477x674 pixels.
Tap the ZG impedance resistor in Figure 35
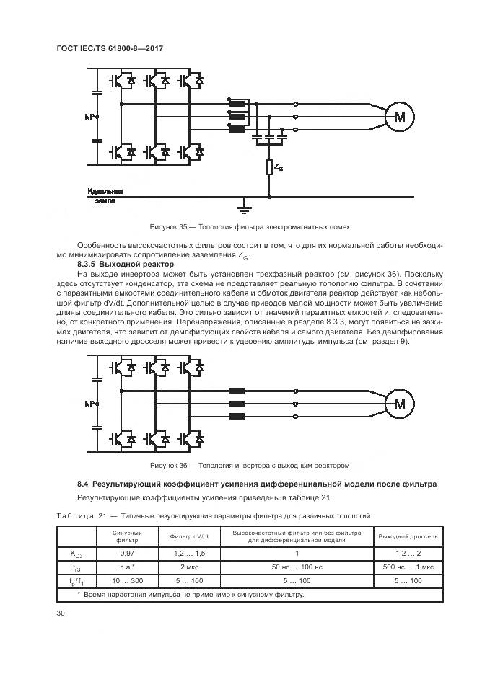[x=269, y=167]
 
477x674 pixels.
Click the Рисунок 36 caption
[x=249, y=465]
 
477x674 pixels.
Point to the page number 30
[x=60, y=613]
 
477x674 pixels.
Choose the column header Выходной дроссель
[x=408, y=537]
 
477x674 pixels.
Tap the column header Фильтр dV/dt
[x=189, y=537]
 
